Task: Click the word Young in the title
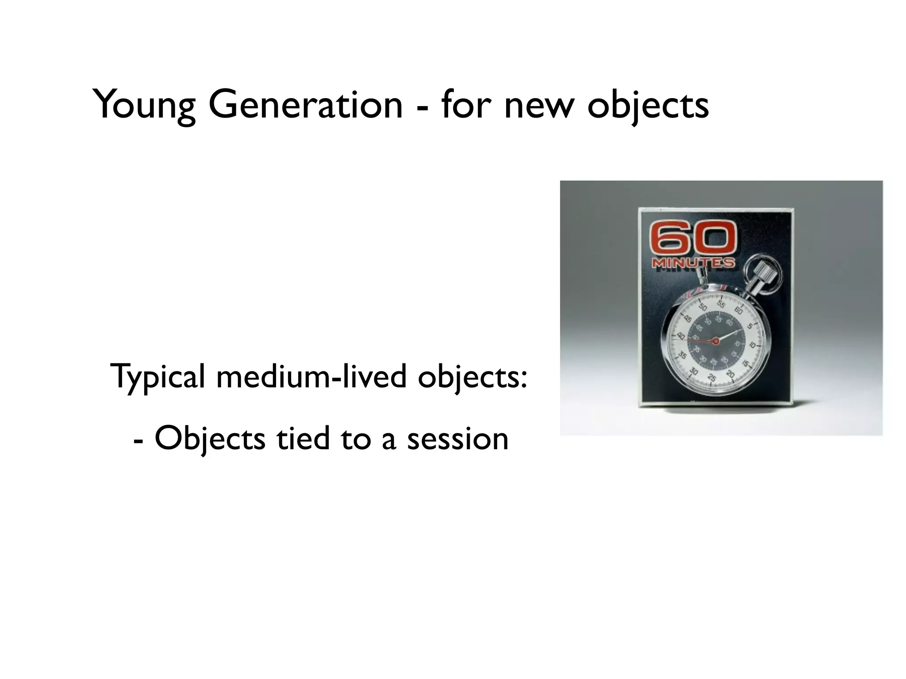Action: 144,105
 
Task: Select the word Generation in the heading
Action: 305,105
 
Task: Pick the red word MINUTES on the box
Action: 693,263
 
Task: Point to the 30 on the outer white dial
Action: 694,372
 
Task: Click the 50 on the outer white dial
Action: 703,307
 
